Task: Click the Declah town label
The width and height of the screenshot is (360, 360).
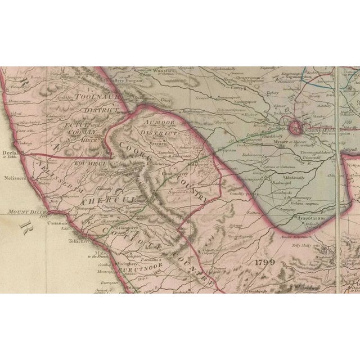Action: [11, 151]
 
